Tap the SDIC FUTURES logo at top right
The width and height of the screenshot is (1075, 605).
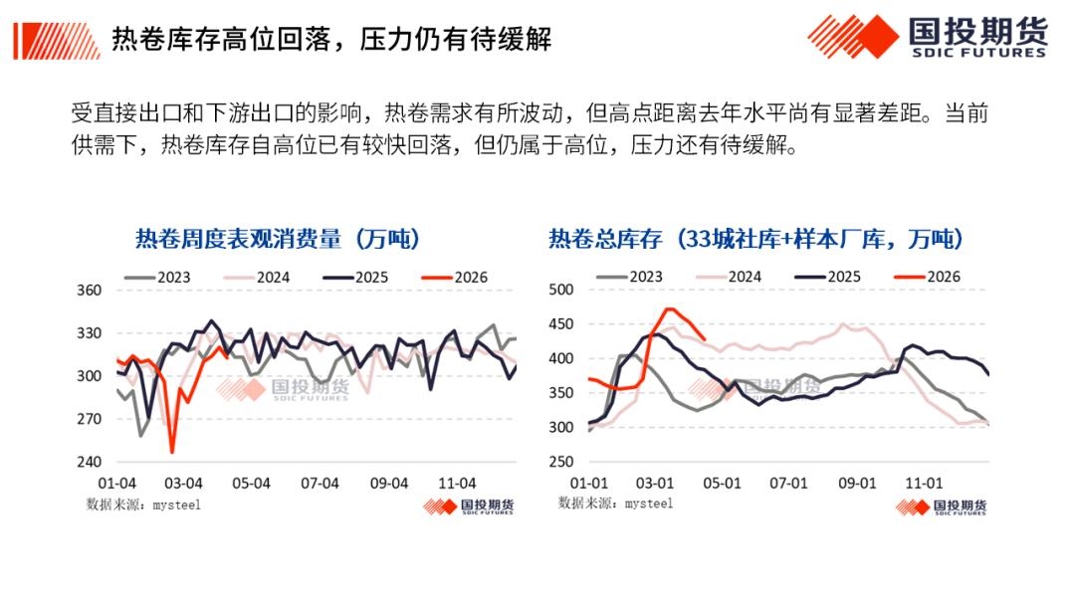coord(927,37)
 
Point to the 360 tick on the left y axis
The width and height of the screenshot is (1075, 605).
coord(90,291)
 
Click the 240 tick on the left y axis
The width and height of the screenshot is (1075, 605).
coord(90,462)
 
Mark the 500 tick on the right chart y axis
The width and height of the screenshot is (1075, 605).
coord(562,290)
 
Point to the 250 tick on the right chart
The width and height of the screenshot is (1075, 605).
coord(562,462)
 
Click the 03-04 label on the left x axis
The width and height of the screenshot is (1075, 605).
coord(182,483)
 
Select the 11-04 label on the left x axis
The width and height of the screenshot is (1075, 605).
coord(459,483)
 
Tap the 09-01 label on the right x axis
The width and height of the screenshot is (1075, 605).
coord(857,483)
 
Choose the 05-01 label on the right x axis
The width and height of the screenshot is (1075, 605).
coord(723,483)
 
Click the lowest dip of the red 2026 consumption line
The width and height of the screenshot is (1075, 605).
coord(172,452)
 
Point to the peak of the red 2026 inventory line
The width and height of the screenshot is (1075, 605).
coord(669,308)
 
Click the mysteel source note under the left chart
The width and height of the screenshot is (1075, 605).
coord(143,504)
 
